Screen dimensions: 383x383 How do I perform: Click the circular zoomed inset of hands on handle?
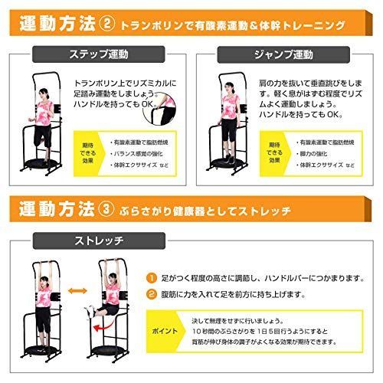(x=167, y=108)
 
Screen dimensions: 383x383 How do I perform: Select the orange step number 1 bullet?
(x=152, y=278)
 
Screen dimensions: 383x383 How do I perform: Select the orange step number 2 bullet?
(x=152, y=294)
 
